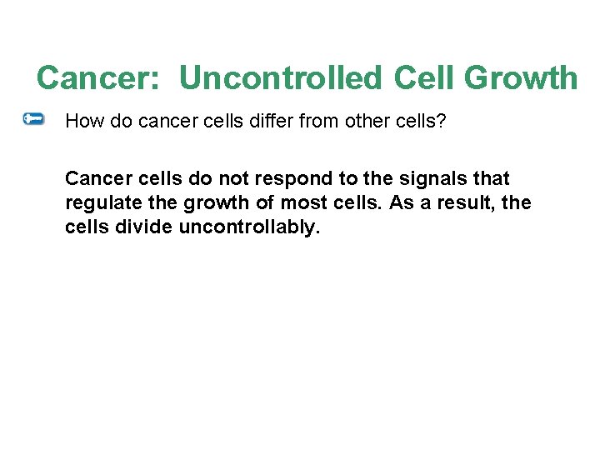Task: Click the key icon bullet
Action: point(33,120)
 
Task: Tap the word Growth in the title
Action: point(521,78)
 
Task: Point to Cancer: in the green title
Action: point(102,78)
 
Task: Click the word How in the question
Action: point(81,122)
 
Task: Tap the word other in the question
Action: point(356,122)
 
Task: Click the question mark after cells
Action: point(442,122)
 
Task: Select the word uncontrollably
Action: point(249,227)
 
